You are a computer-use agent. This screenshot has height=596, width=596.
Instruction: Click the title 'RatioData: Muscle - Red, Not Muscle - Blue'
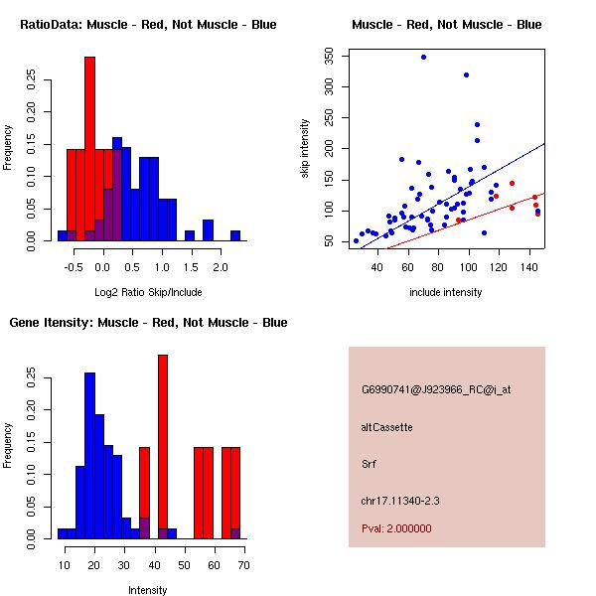(x=148, y=24)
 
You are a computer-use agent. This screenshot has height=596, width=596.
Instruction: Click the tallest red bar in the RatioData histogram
(x=89, y=149)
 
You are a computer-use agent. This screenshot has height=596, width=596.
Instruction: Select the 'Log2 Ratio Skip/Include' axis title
(x=147, y=291)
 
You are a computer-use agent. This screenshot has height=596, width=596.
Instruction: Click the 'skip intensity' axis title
(x=305, y=149)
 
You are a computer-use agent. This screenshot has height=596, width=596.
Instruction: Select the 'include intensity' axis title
(x=446, y=292)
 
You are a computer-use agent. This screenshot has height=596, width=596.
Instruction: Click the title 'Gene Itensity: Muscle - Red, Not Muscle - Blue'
(x=148, y=322)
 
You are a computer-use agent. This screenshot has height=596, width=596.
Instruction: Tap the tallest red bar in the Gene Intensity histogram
(x=163, y=447)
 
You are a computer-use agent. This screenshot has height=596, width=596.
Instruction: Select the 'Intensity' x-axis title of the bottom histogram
(x=147, y=590)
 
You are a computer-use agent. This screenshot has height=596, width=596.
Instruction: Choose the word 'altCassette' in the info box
(x=386, y=426)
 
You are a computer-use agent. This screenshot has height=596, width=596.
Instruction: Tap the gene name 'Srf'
(x=368, y=463)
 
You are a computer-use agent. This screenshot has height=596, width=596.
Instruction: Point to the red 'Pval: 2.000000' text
(x=396, y=528)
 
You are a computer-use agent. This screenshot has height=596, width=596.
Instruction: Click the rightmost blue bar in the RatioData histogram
(x=235, y=235)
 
